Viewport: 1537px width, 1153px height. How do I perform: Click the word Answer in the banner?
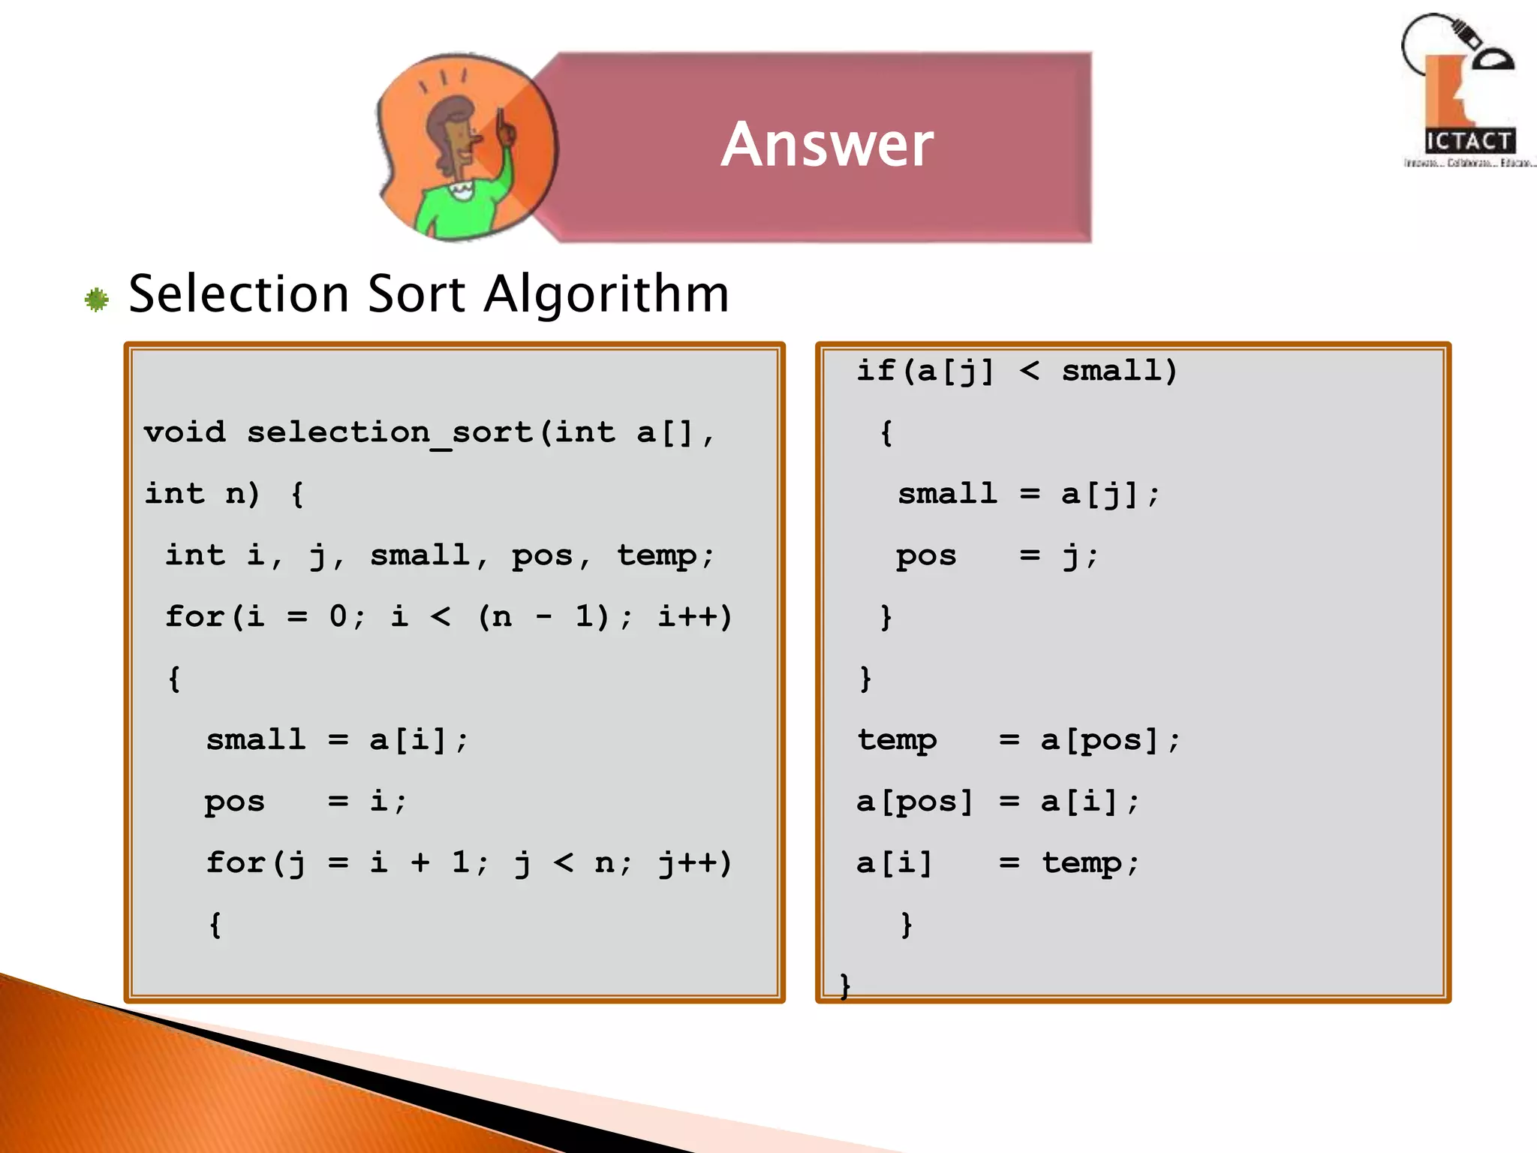click(827, 144)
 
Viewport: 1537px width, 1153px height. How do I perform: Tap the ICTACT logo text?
click(1469, 141)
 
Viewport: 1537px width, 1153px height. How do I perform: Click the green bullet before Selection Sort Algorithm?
click(97, 300)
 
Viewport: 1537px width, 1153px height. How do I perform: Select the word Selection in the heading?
click(239, 294)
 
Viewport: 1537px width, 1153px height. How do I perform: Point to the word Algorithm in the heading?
click(606, 294)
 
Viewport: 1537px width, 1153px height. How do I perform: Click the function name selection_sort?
click(390, 433)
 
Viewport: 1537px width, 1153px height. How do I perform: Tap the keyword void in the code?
click(185, 432)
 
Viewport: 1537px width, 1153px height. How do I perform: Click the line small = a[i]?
click(337, 740)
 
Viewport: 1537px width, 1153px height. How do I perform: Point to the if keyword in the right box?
click(876, 371)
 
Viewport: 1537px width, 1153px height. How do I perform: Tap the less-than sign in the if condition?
click(1030, 370)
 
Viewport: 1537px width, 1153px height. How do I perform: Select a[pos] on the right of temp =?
click(1099, 741)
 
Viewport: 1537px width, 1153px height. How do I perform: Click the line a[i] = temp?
click(997, 863)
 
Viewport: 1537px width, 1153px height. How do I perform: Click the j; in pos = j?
click(1079, 556)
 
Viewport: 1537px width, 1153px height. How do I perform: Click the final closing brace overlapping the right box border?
click(845, 985)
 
